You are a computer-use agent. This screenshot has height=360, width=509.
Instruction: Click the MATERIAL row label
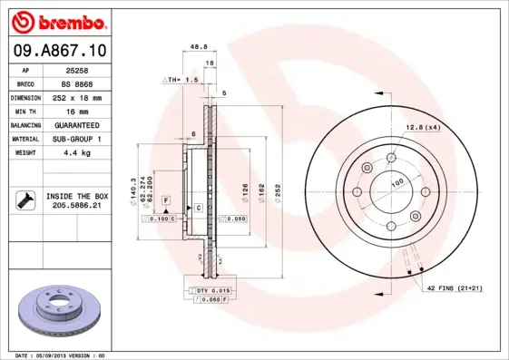(x=24, y=139)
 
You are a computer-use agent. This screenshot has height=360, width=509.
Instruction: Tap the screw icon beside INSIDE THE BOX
(x=24, y=200)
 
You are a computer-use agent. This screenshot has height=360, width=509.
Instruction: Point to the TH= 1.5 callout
(x=181, y=81)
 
